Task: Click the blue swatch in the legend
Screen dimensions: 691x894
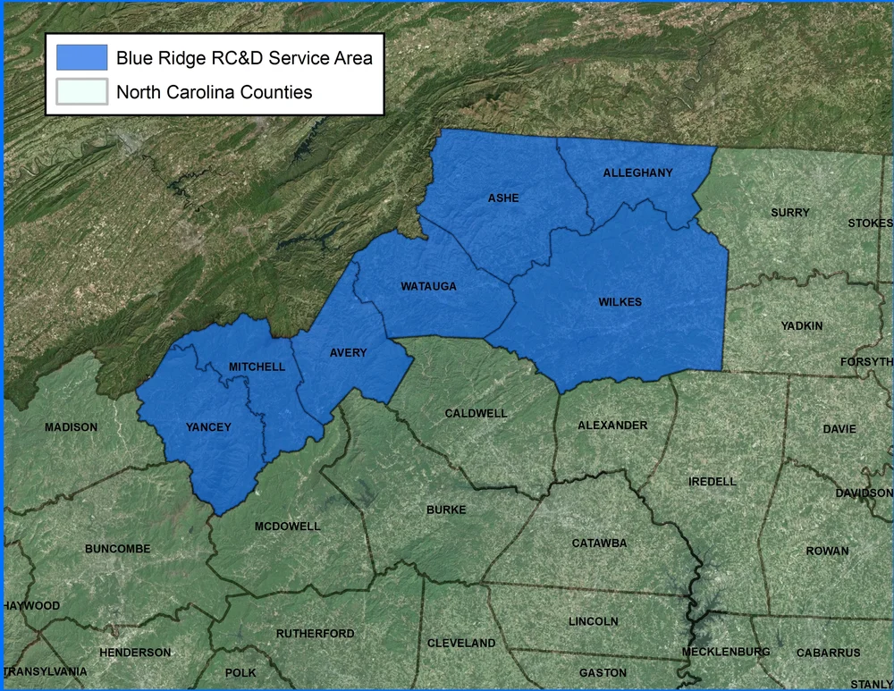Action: pyautogui.click(x=81, y=58)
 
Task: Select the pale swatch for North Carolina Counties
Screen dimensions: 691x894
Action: pyautogui.click(x=81, y=91)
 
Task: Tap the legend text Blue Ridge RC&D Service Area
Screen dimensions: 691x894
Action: pyautogui.click(x=244, y=58)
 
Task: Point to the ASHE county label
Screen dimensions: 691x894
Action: pyautogui.click(x=503, y=198)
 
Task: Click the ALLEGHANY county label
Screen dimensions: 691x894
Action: pyautogui.click(x=637, y=173)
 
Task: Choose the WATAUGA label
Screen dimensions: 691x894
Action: pyautogui.click(x=429, y=286)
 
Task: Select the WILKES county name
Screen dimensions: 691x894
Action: pyautogui.click(x=620, y=302)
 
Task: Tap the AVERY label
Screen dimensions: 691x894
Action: pyautogui.click(x=348, y=353)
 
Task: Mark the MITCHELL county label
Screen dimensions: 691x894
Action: pyautogui.click(x=257, y=367)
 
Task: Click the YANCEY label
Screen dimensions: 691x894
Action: pyautogui.click(x=207, y=427)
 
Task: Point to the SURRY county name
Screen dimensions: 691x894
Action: pyautogui.click(x=789, y=213)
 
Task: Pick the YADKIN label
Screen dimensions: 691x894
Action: pyautogui.click(x=801, y=326)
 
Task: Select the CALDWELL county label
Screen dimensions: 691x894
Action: pyautogui.click(x=476, y=414)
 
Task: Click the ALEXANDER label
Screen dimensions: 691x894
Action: pyautogui.click(x=612, y=426)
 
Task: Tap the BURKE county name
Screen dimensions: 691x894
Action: pyautogui.click(x=446, y=510)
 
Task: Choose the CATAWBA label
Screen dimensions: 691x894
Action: pyautogui.click(x=599, y=544)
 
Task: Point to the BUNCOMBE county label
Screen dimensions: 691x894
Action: pyautogui.click(x=117, y=548)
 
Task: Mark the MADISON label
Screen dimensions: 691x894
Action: pyautogui.click(x=71, y=427)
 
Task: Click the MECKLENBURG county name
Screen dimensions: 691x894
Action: pyautogui.click(x=725, y=652)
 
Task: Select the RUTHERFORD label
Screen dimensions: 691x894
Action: pyautogui.click(x=315, y=634)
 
